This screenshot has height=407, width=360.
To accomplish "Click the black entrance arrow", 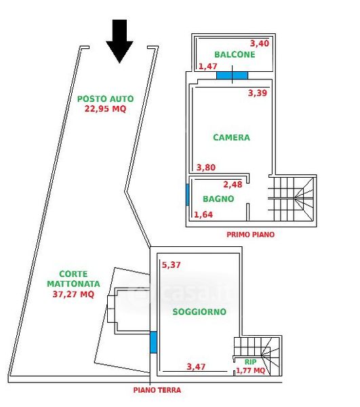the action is [119, 39].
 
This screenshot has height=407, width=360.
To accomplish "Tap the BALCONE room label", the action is [235, 54].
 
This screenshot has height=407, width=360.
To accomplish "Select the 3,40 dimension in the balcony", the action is [260, 43].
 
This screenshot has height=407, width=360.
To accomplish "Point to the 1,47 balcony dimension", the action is [207, 66].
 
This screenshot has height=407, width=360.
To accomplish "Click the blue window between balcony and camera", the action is [232, 75].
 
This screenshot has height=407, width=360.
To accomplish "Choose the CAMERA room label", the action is [232, 137].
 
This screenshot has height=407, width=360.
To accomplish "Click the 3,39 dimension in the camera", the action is [258, 93].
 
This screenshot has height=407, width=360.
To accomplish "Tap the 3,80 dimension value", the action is [206, 168].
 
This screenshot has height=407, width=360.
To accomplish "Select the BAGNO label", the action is [218, 199].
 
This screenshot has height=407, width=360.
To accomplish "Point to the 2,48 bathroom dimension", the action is [233, 185].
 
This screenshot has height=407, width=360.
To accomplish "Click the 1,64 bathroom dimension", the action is [203, 214].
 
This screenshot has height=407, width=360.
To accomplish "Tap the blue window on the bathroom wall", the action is [188, 195].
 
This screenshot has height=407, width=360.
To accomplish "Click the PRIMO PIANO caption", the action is [251, 235].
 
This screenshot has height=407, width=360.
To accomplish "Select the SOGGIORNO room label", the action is [199, 312].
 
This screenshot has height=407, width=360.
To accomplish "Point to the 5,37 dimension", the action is [171, 265].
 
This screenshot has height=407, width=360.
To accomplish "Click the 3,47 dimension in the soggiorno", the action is [196, 367].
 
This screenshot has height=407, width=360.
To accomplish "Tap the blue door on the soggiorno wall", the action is [153, 342].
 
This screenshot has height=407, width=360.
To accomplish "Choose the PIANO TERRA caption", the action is [157, 390].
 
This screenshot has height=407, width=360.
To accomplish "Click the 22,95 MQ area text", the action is [105, 109].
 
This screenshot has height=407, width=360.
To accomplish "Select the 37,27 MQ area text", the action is [73, 294].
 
